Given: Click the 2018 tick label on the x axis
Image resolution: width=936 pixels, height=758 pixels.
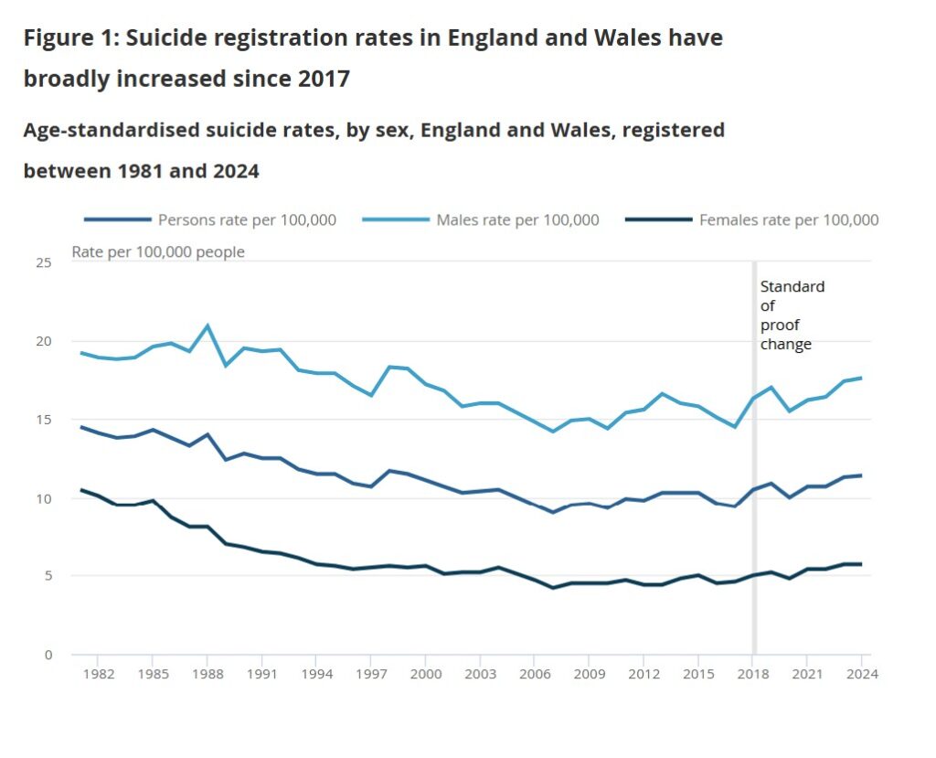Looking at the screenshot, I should [x=753, y=675].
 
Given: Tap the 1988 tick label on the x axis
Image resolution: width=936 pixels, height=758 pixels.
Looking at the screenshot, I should [x=207, y=675].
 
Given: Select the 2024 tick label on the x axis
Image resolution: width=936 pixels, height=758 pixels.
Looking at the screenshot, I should [x=862, y=675].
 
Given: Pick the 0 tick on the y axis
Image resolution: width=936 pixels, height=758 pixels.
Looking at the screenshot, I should [x=48, y=655].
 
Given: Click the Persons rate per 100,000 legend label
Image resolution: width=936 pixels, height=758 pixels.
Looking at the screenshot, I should [x=247, y=219].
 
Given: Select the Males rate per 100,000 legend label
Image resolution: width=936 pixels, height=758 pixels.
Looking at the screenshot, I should [x=517, y=219].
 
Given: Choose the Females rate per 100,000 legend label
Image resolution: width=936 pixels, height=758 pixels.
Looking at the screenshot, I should [x=788, y=219].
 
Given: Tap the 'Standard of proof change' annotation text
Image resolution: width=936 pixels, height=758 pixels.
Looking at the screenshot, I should [x=792, y=315].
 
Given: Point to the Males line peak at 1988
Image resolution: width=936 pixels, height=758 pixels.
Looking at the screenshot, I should [x=207, y=326].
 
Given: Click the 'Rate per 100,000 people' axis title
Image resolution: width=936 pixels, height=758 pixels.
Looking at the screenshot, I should [x=158, y=251].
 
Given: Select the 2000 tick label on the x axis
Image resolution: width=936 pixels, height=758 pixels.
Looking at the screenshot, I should [x=426, y=675].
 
